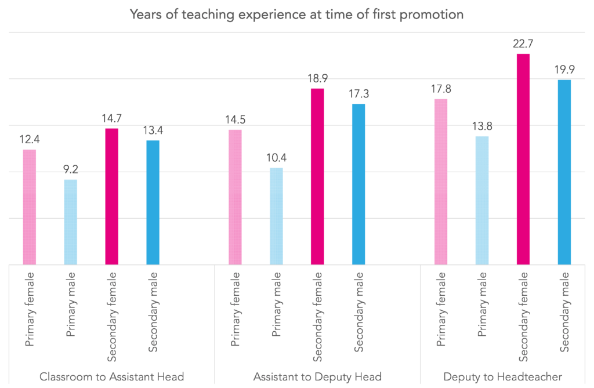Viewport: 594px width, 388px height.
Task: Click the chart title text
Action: tap(297, 14)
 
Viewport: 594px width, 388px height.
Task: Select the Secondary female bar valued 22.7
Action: tap(523, 159)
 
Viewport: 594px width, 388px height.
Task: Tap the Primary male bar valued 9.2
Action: tap(70, 222)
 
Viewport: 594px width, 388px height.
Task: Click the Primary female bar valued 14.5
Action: tap(235, 197)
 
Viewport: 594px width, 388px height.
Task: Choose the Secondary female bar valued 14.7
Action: tap(111, 197)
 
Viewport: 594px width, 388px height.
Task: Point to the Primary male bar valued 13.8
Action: tap(482, 201)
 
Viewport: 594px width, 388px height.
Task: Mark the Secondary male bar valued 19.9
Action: tap(564, 172)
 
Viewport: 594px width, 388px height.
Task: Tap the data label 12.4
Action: tap(30, 139)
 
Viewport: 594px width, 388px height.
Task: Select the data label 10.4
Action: tap(276, 157)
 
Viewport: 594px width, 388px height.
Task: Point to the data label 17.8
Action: tap(441, 89)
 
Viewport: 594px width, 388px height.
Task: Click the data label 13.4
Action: tap(153, 130)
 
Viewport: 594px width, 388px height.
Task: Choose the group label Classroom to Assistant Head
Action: tap(111, 377)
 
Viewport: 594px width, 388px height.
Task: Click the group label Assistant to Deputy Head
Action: tap(317, 377)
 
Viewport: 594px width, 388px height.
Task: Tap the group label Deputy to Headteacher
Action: tap(502, 377)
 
